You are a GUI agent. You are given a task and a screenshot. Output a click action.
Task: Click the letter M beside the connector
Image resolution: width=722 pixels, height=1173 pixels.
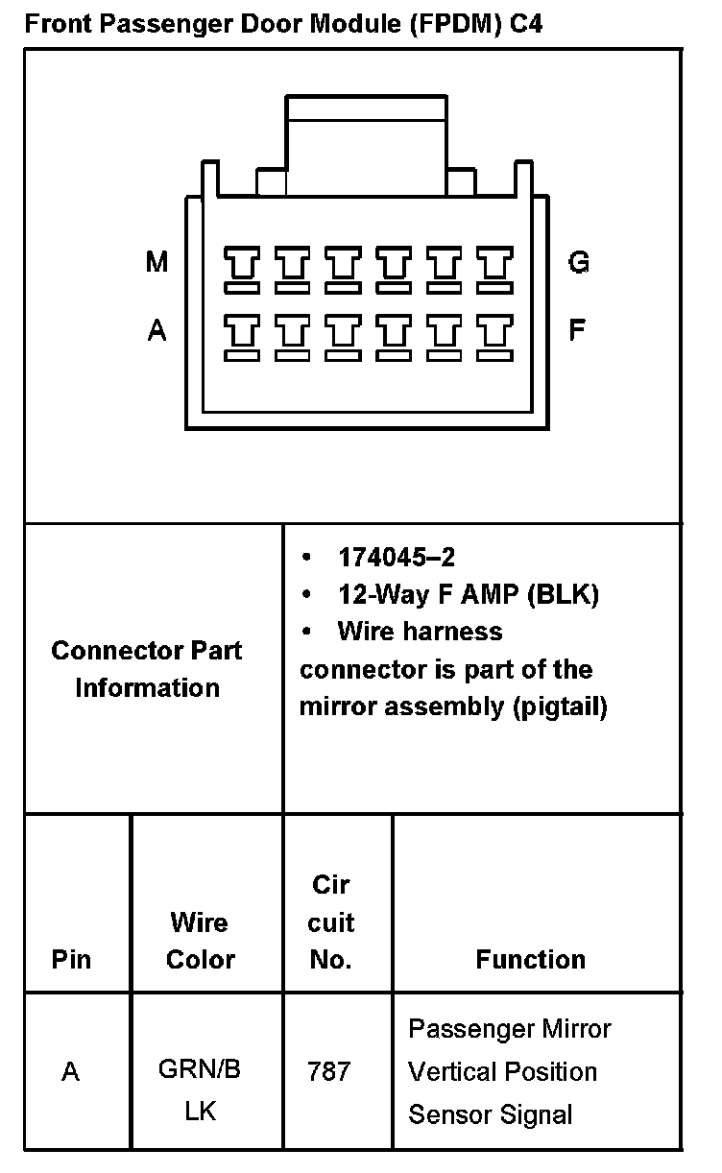pyautogui.click(x=156, y=262)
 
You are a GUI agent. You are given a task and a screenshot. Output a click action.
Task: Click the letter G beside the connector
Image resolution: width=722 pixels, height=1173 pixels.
pyautogui.click(x=579, y=262)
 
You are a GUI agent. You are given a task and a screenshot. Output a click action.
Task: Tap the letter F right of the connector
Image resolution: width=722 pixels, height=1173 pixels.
pyautogui.click(x=577, y=331)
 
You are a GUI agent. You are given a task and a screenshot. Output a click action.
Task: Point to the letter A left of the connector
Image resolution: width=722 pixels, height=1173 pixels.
pyautogui.click(x=156, y=331)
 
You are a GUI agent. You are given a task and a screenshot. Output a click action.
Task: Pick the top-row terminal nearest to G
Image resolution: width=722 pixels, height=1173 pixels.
pyautogui.click(x=494, y=269)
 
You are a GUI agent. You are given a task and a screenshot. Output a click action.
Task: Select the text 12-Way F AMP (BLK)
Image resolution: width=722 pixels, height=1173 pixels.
pyautogui.click(x=469, y=594)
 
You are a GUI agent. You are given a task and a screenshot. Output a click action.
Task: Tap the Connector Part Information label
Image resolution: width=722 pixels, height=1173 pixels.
pyautogui.click(x=147, y=669)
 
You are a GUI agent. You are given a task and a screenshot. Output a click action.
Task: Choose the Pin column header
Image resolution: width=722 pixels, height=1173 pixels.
pyautogui.click(x=71, y=959)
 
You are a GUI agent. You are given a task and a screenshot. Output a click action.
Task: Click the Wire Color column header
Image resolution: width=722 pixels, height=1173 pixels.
pyautogui.click(x=200, y=941)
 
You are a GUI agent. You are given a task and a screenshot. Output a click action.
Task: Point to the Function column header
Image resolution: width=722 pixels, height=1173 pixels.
pyautogui.click(x=530, y=959)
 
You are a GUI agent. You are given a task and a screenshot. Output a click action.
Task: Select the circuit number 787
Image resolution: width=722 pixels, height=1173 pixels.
pyautogui.click(x=328, y=1071)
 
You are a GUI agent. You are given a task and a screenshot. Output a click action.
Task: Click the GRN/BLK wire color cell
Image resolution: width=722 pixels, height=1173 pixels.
pyautogui.click(x=200, y=1090)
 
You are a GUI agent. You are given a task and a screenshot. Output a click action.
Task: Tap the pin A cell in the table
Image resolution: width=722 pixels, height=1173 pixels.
pyautogui.click(x=70, y=1071)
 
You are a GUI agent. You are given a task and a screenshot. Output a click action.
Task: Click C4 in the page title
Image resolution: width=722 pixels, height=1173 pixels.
pyautogui.click(x=525, y=24)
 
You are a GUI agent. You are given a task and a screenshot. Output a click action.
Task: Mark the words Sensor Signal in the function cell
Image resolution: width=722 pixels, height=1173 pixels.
pyautogui.click(x=490, y=1114)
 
